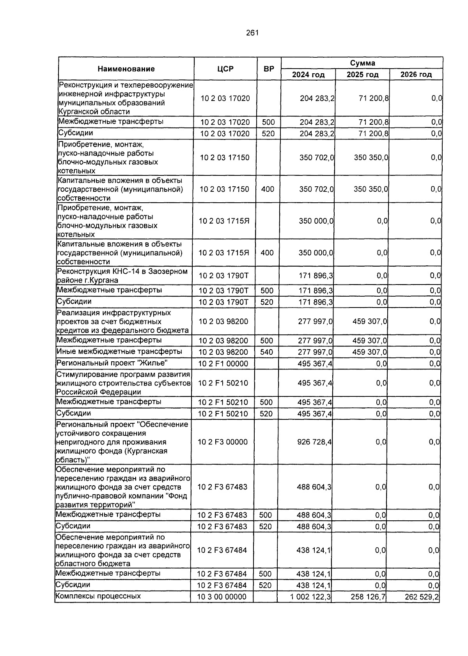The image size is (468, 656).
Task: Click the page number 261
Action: click(252, 33)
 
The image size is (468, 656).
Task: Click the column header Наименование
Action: click(126, 69)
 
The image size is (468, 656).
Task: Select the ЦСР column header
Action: click(225, 69)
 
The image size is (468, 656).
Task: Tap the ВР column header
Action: click(269, 69)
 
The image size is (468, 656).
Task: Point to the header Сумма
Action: click(362, 63)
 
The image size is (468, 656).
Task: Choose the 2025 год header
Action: click(362, 74)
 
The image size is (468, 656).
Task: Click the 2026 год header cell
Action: click(416, 74)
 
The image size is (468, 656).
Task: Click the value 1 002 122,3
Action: click(310, 596)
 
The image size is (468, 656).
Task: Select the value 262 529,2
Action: click(422, 596)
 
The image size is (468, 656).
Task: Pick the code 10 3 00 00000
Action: click(222, 597)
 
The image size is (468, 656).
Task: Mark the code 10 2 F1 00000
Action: click(223, 364)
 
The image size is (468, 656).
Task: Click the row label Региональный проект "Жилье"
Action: click(112, 363)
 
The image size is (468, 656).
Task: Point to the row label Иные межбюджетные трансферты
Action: click(119, 351)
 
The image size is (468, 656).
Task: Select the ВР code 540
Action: click(266, 352)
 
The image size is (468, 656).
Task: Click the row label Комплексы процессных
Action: click(98, 596)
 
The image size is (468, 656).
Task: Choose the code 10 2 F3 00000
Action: click(223, 442)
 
